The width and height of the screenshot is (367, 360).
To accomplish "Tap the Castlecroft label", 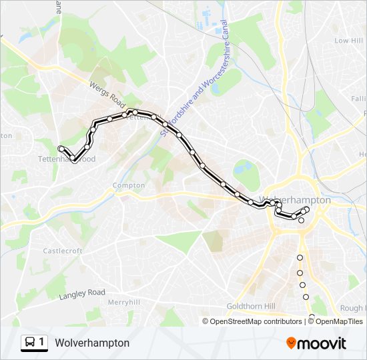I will (63, 251).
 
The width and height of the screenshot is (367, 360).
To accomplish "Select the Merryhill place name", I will (123, 301).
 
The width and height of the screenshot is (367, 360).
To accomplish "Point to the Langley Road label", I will (82, 293).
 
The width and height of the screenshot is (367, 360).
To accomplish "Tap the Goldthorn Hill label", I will (250, 306).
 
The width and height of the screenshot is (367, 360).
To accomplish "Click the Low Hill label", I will (348, 41).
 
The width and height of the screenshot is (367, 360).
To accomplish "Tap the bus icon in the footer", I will (30, 343).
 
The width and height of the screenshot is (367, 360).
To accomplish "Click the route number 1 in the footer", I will (42, 343).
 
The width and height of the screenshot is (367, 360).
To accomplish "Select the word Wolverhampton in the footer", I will (93, 343).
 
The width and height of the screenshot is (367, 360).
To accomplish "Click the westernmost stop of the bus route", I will (61, 149).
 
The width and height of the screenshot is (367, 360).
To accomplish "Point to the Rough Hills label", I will (352, 308).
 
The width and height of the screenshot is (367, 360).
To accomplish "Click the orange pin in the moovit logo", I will (292, 343).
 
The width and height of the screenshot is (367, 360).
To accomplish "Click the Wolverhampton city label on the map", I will (298, 200).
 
